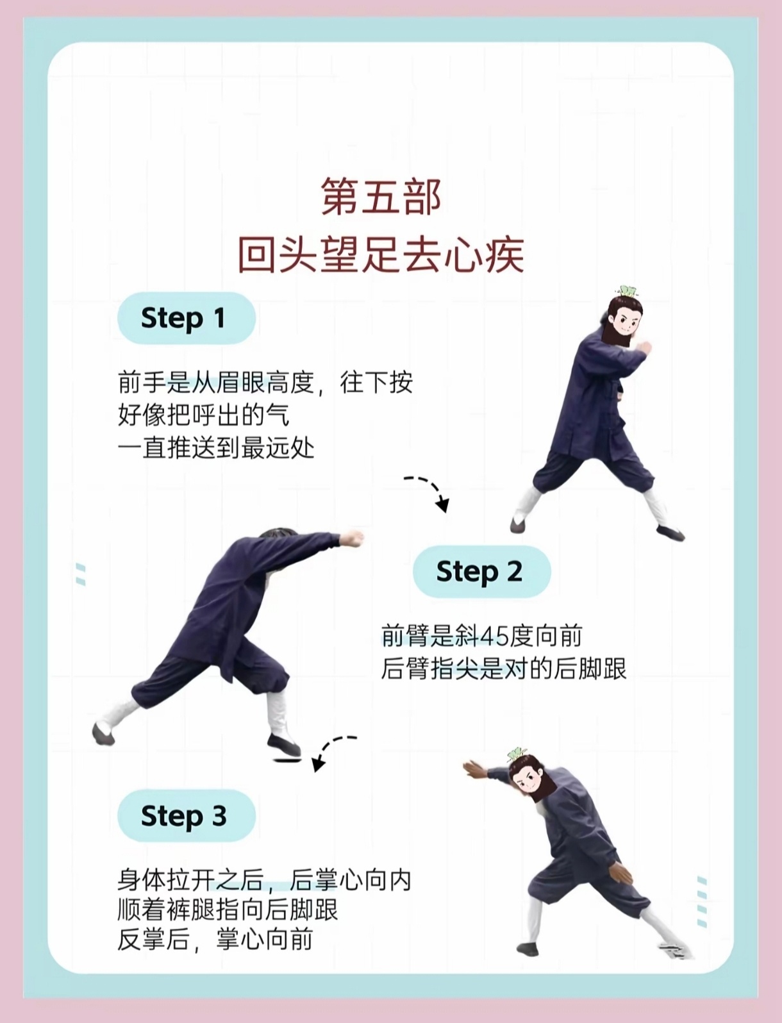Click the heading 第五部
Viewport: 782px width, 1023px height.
point(381,197)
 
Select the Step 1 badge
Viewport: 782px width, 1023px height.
point(186,319)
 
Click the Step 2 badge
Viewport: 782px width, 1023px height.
point(482,572)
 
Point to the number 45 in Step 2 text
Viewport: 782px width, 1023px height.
point(494,636)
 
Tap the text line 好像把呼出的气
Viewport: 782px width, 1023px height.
point(204,415)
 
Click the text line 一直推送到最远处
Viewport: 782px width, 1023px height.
point(216,448)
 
